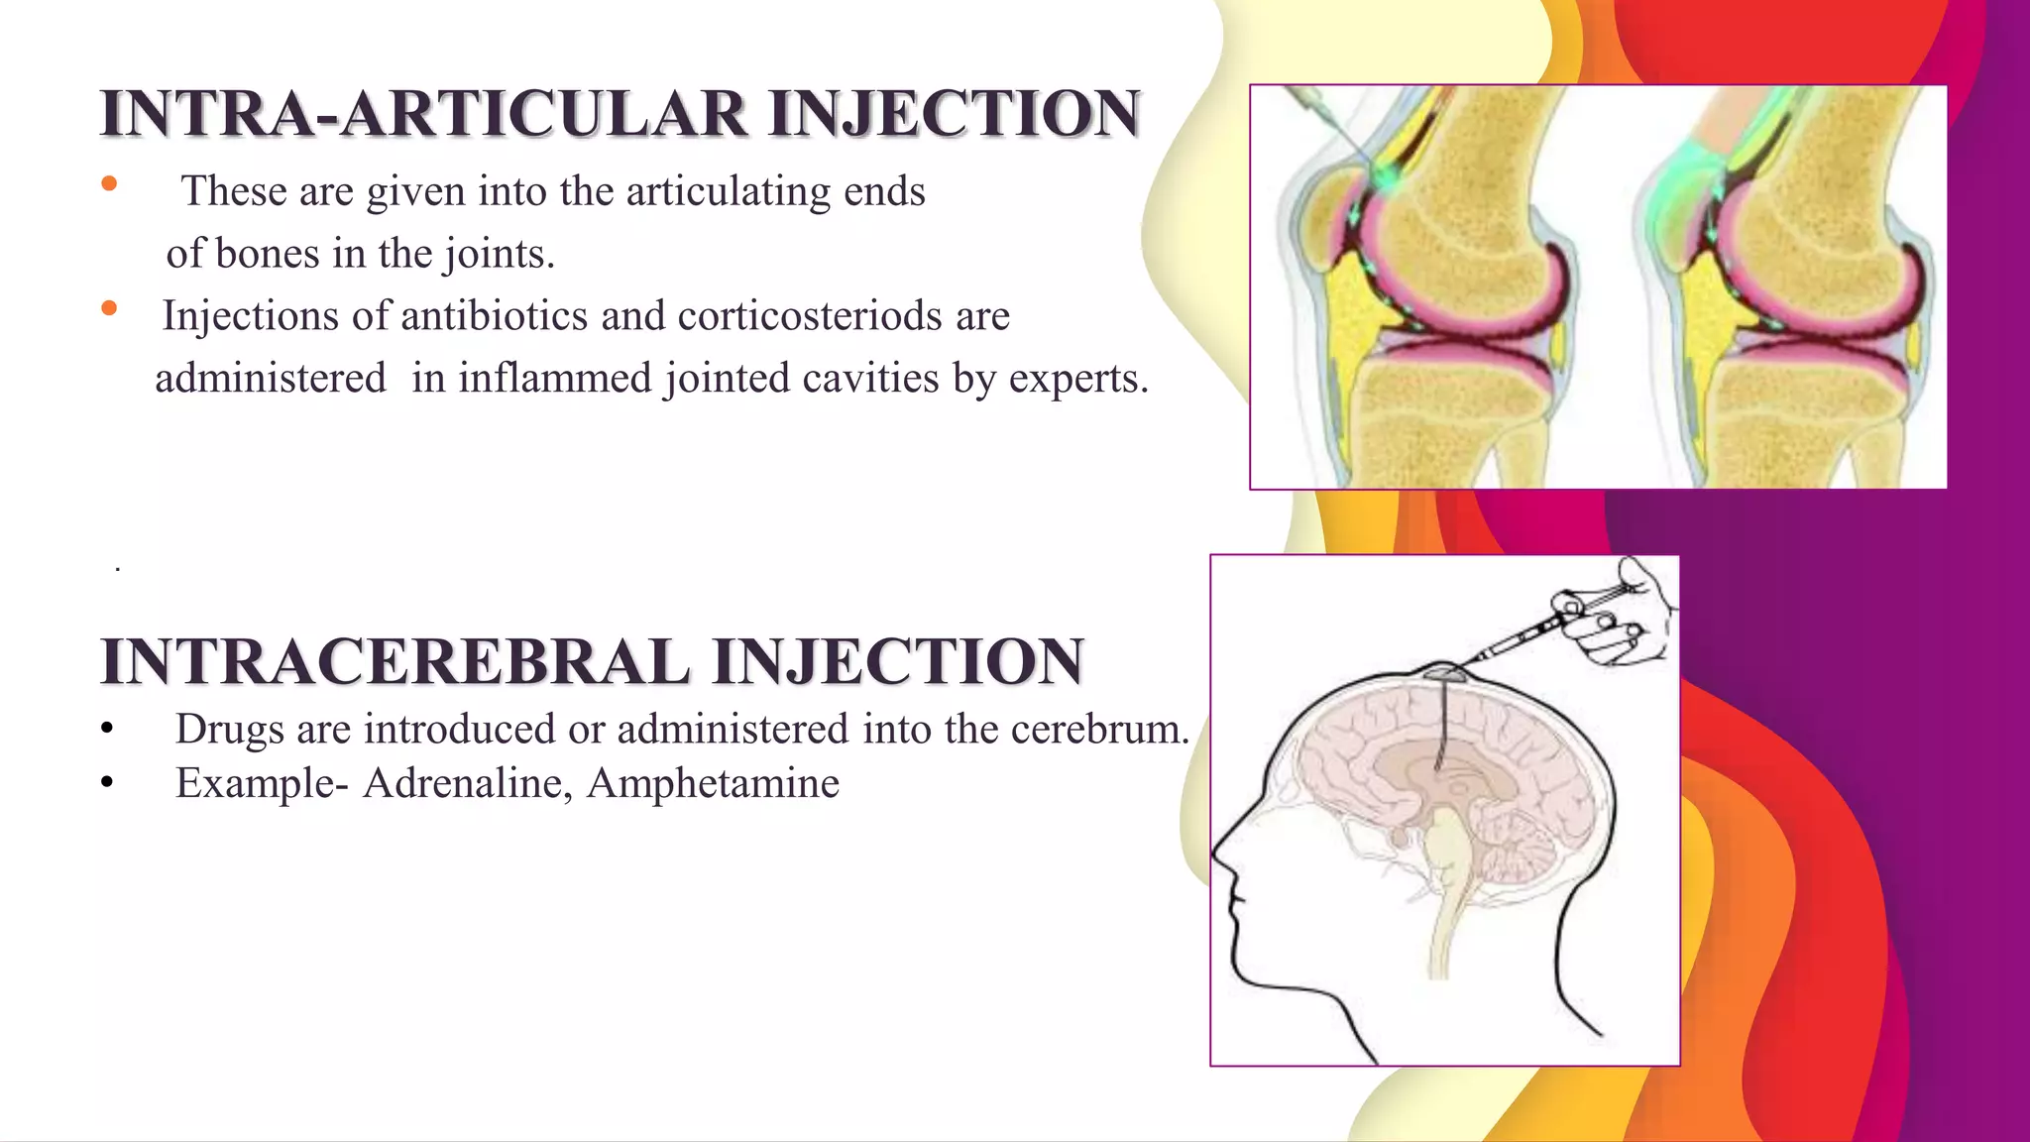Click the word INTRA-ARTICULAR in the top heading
[423, 114]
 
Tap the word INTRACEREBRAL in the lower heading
[395, 662]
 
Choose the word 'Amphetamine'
[713, 783]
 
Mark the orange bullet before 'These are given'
[109, 183]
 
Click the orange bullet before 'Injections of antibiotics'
[109, 308]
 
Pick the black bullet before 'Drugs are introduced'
[107, 731]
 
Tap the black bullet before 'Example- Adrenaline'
[107, 784]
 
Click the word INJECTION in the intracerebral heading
[898, 662]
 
